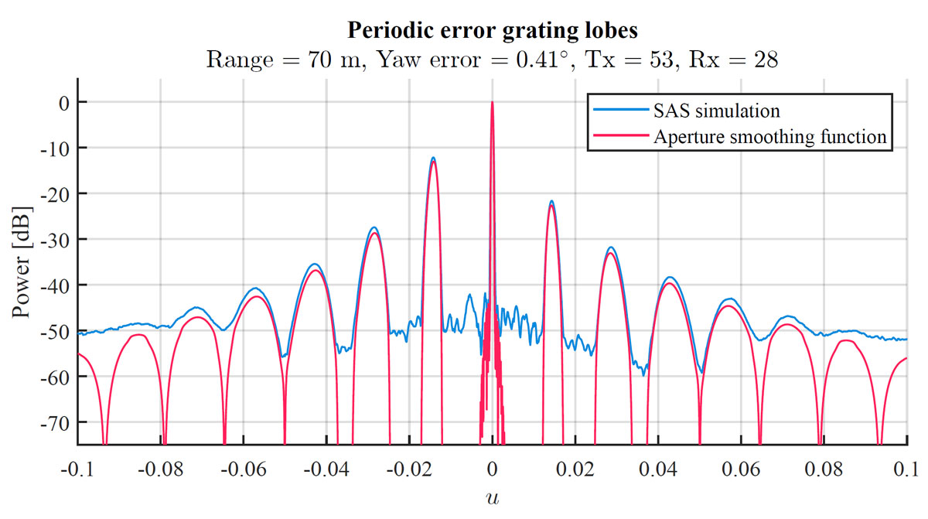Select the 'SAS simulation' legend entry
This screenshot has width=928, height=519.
pos(716,111)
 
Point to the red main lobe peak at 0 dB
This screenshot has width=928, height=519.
pos(492,103)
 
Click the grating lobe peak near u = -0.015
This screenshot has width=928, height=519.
pos(433,159)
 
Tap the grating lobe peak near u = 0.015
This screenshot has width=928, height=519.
pos(551,203)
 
